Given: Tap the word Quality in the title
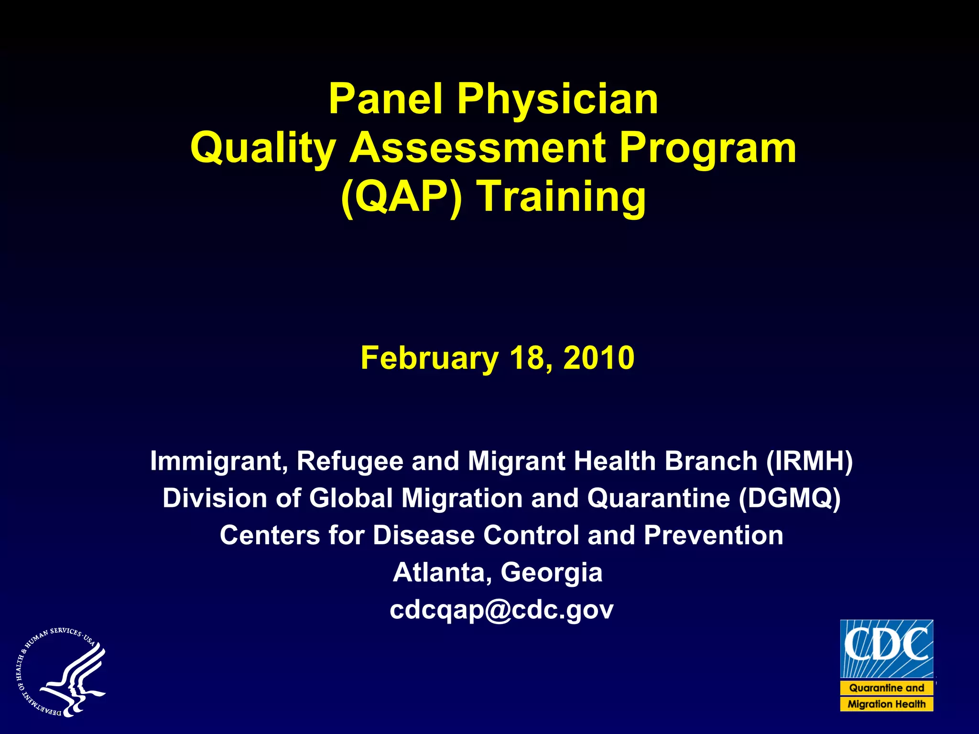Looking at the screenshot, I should point(263,148).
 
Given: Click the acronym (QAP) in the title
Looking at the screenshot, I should point(402,196).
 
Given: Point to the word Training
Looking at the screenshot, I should point(563,196).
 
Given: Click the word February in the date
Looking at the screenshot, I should point(429,358).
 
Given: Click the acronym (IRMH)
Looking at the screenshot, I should point(810,461).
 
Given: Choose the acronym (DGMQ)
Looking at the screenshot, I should point(789,498).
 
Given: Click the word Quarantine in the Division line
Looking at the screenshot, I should point(659,498).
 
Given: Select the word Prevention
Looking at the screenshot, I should point(713,535).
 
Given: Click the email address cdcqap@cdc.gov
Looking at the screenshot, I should point(501,610).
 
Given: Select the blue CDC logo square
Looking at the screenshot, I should point(887,649).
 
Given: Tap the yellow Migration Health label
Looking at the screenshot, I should point(887,704).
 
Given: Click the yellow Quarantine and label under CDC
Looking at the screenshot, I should point(887,688).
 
